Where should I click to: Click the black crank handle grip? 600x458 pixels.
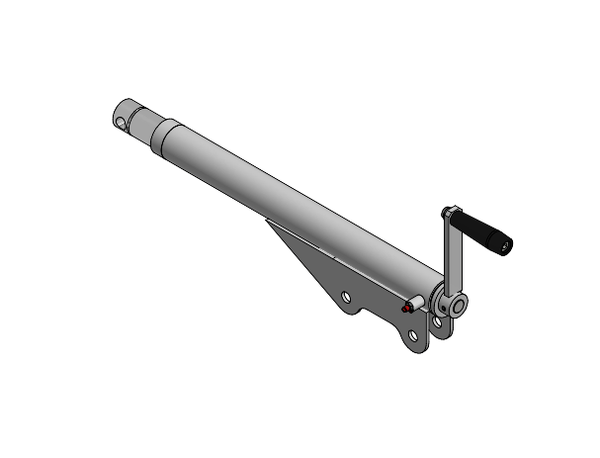[x=484, y=232]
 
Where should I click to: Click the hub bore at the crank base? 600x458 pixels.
[x=455, y=306]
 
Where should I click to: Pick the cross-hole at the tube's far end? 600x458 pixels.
[x=121, y=124]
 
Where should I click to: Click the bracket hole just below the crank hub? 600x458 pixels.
[x=437, y=321]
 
